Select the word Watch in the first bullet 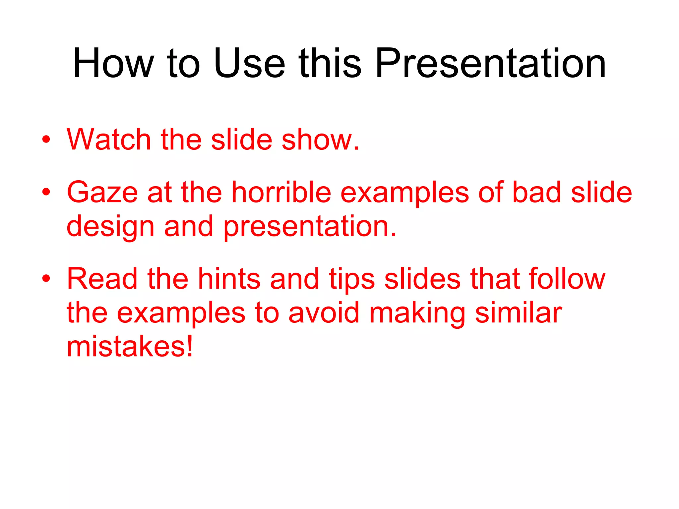(109, 140)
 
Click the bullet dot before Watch (46, 140)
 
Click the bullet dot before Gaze (46, 192)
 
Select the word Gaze (102, 193)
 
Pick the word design (110, 227)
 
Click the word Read (102, 279)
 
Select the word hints (229, 279)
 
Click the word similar (518, 313)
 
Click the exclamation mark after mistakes (189, 346)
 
